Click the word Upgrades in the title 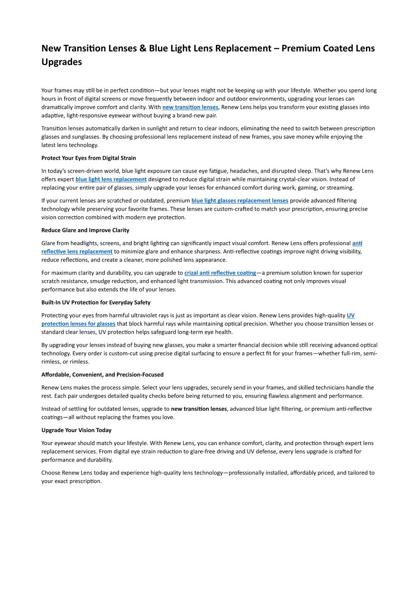pyautogui.click(x=62, y=62)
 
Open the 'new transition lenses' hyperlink pyautogui.click(x=190, y=107)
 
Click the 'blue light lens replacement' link pyautogui.click(x=111, y=179)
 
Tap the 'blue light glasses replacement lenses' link pyautogui.click(x=240, y=200)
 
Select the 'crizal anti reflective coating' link pyautogui.click(x=220, y=273)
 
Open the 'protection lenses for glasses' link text pyautogui.click(x=78, y=324)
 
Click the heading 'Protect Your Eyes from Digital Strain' pyautogui.click(x=88, y=158)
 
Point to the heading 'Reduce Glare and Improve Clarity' pyautogui.click(x=85, y=230)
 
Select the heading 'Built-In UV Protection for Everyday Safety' pyautogui.click(x=96, y=303)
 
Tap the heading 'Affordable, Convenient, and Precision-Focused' pyautogui.click(x=102, y=375)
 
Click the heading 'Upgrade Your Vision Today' pyautogui.click(x=76, y=430)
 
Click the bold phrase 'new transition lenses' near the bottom pyautogui.click(x=199, y=409)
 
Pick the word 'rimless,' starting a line pyautogui.click(x=51, y=362)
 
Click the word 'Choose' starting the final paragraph pyautogui.click(x=51, y=473)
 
